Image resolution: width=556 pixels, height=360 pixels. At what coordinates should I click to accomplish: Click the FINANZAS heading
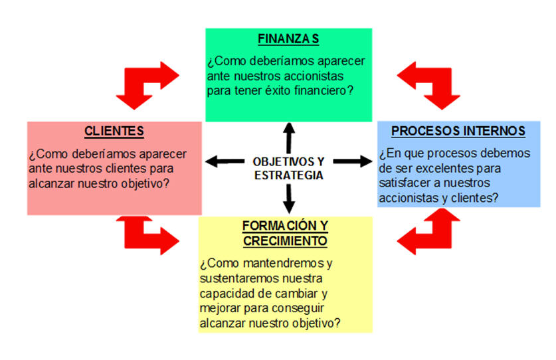click(288, 39)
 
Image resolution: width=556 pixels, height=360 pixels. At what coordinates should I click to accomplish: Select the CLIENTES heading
click(114, 132)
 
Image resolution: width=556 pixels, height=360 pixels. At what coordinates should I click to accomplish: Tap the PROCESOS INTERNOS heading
click(458, 131)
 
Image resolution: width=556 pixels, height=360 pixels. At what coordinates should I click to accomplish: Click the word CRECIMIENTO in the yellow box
click(285, 241)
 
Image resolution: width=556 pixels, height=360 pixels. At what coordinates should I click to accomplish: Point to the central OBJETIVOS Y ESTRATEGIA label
click(288, 168)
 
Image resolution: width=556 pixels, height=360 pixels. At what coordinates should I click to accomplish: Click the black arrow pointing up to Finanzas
click(289, 138)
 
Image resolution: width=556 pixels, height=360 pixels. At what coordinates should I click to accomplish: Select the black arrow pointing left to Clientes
click(225, 161)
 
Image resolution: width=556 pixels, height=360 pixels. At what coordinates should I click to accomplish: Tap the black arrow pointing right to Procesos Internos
click(353, 161)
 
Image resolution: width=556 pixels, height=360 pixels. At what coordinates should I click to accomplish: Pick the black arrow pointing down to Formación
click(289, 199)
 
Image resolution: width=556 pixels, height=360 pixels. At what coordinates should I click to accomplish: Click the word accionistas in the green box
click(314, 76)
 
